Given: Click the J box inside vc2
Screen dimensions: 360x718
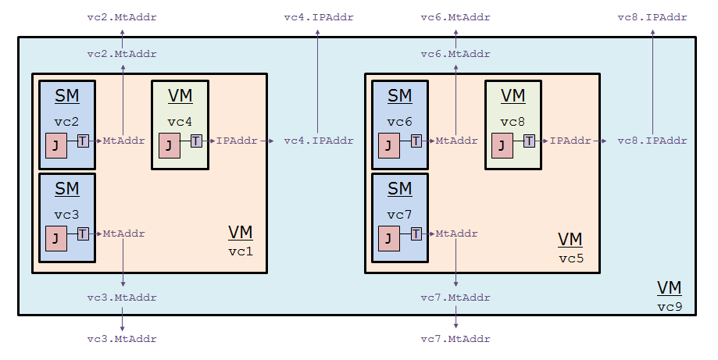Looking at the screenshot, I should click(x=56, y=146).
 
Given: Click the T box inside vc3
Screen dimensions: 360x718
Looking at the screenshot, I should click(x=83, y=233).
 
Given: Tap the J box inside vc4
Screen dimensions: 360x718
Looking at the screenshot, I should click(x=169, y=146).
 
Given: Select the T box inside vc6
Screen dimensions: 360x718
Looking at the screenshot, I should click(x=416, y=141).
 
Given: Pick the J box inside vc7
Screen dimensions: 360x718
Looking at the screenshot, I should click(x=389, y=238).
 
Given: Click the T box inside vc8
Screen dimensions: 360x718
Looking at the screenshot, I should click(x=529, y=141).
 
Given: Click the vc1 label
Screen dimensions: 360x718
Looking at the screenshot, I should click(x=241, y=252).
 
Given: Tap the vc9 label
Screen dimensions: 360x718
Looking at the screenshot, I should click(x=670, y=306).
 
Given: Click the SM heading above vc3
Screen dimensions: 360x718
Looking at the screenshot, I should click(x=67, y=188).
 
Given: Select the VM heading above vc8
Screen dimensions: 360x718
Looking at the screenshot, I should click(x=513, y=96).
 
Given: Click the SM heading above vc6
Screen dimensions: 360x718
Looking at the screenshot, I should click(x=400, y=96).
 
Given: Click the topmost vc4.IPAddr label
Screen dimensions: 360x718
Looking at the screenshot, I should click(x=318, y=16).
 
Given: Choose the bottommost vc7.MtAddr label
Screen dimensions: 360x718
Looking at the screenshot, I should click(x=455, y=339).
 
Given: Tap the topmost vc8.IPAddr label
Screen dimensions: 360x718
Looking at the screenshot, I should click(x=652, y=16).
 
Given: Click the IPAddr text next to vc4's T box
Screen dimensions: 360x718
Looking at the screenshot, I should click(x=238, y=141).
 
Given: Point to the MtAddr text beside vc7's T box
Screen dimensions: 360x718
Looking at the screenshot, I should click(x=457, y=233).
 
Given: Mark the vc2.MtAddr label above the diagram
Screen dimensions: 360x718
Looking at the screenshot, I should click(x=123, y=16).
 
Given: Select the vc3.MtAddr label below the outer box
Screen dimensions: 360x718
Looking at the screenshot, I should click(x=123, y=339).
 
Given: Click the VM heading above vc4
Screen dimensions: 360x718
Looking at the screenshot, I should click(x=179, y=96).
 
